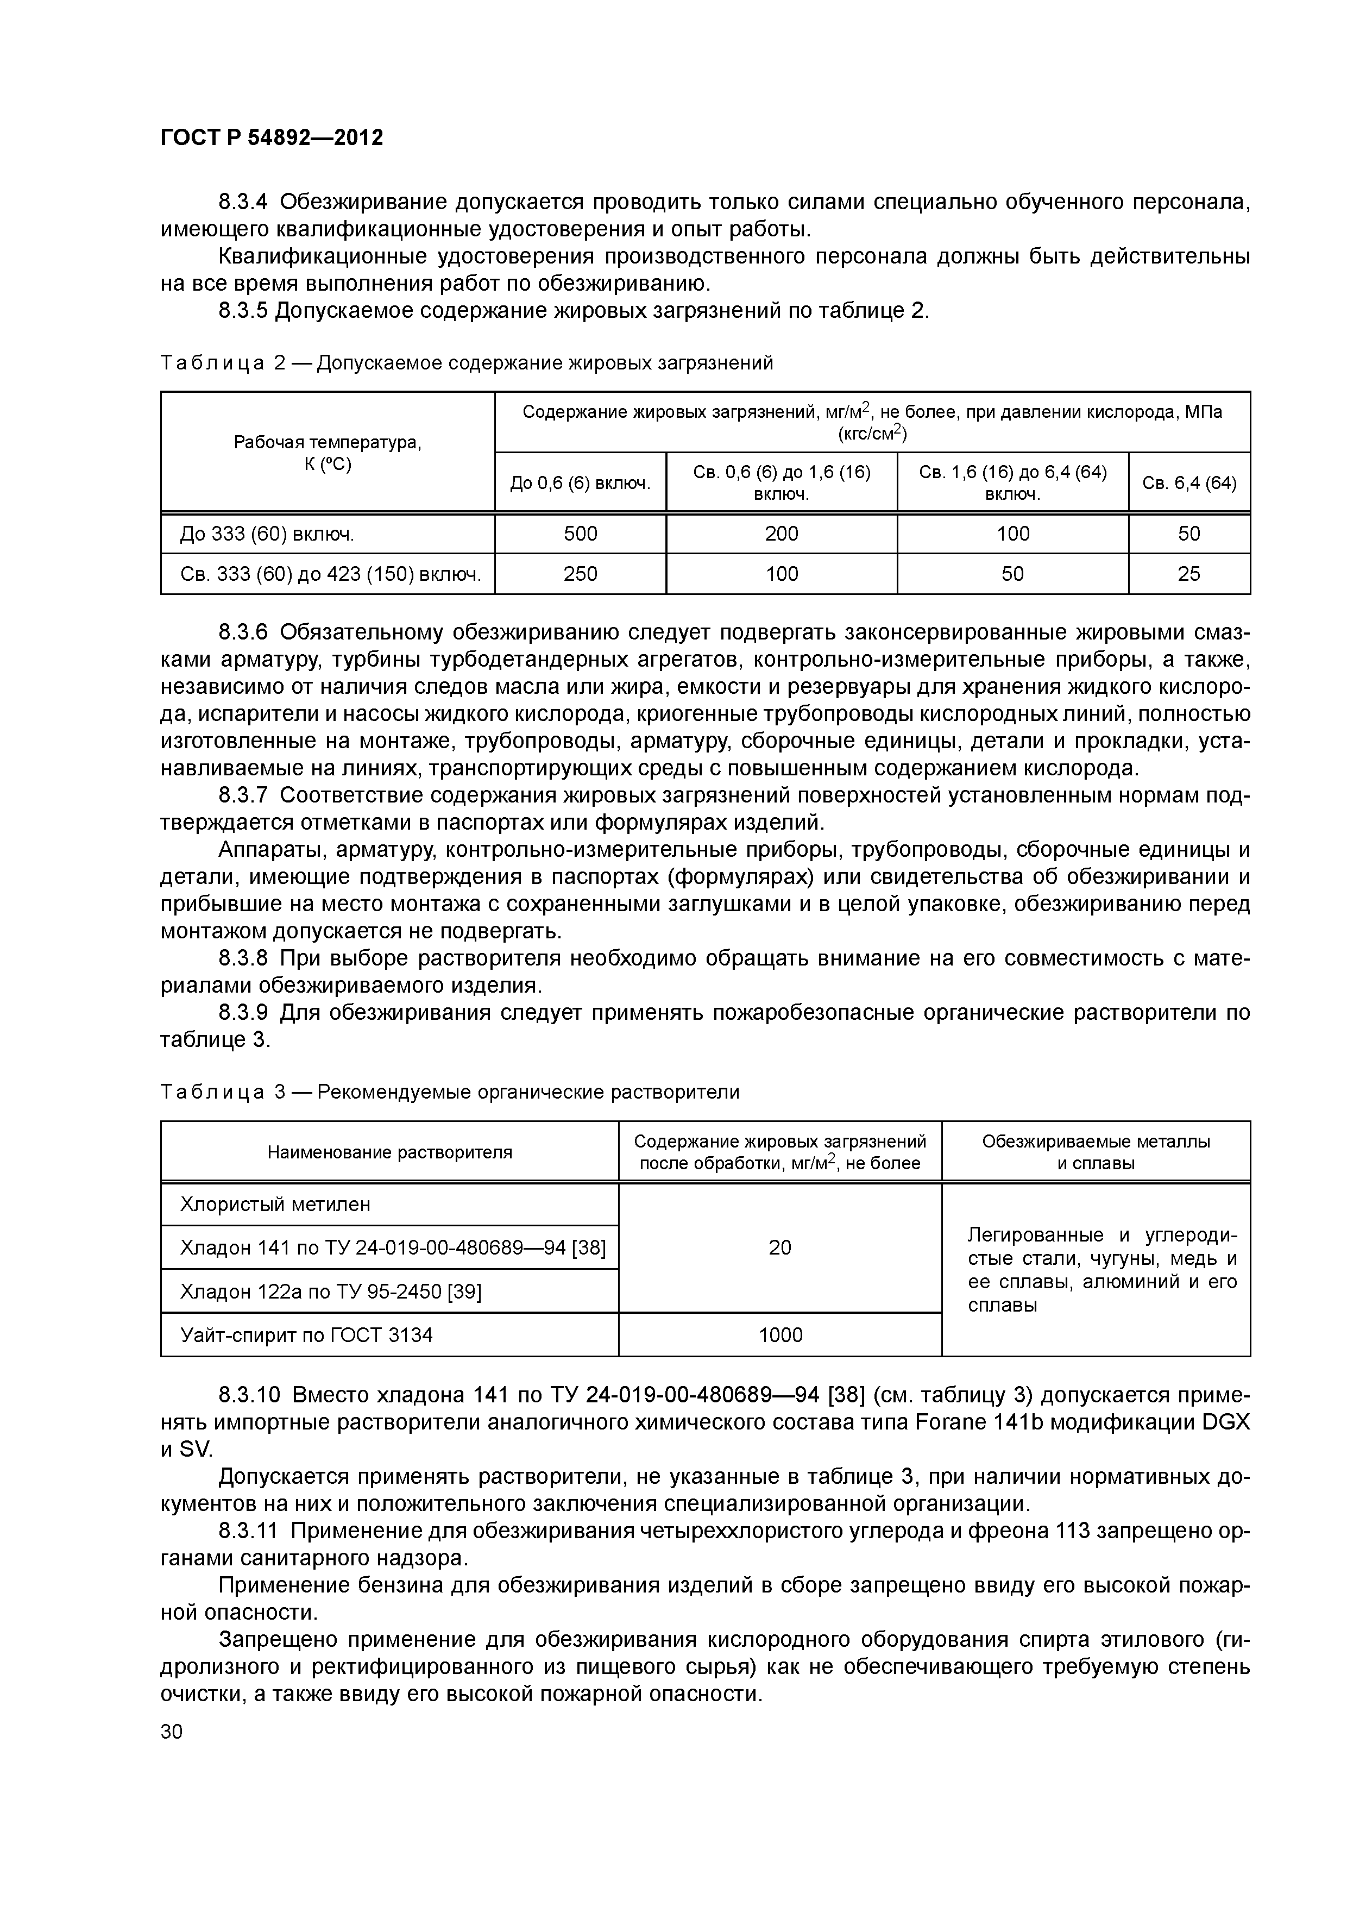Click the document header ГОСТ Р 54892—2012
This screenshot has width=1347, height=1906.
point(272,137)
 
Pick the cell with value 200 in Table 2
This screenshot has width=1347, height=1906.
point(781,534)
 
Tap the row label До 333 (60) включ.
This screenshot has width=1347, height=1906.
point(267,534)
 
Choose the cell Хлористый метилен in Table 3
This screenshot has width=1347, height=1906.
point(275,1203)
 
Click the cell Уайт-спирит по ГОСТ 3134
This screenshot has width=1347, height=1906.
point(306,1335)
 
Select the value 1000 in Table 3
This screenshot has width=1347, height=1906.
point(780,1335)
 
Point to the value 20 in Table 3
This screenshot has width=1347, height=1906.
point(780,1247)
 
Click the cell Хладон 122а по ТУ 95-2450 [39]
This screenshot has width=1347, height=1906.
point(330,1291)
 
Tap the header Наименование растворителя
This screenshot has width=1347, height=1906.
point(389,1151)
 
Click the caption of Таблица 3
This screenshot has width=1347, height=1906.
point(449,1092)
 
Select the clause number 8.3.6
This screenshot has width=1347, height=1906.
point(243,632)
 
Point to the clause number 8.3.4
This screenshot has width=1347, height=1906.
point(243,202)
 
